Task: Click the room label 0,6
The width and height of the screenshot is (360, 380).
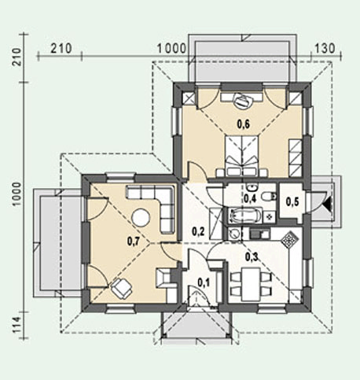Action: coord(244,124)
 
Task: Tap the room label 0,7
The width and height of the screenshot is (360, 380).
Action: coord(134,242)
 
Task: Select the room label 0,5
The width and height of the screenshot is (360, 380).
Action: coord(292,201)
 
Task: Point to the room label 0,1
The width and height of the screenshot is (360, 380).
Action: coord(204,282)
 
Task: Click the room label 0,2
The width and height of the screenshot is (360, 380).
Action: coord(198,231)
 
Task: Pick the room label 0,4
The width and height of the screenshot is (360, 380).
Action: coord(250,198)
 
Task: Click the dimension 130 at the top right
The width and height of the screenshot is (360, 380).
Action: coord(325,48)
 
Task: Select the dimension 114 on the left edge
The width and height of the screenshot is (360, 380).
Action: coord(17,325)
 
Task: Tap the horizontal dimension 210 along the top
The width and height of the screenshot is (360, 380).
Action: coord(61,49)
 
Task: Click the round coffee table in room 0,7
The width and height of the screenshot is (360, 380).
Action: coord(141,217)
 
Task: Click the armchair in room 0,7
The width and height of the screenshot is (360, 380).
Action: coord(122,288)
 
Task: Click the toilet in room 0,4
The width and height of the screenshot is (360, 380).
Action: coord(269,196)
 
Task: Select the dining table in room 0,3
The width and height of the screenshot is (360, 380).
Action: coord(251,284)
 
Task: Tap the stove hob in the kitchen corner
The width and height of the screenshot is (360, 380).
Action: coord(289,239)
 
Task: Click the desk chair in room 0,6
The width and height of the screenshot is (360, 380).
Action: coord(243,101)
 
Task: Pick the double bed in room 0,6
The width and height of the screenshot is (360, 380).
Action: coord(241,156)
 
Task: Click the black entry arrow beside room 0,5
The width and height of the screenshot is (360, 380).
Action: coord(329,203)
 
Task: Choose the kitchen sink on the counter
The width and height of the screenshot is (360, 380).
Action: coord(259,234)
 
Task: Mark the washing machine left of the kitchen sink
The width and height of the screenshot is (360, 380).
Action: coord(234,234)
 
